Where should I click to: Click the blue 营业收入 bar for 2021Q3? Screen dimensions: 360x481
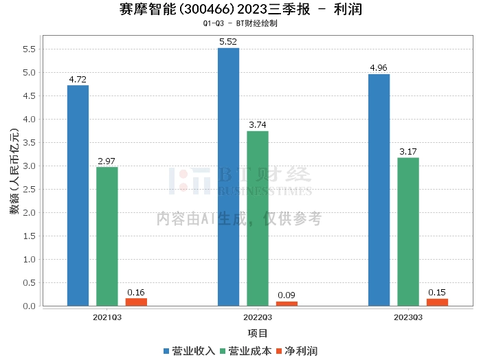click(78, 196)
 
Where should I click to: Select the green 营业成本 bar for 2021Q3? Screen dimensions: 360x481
click(107, 236)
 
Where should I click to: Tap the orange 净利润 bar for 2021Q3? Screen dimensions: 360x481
click(136, 302)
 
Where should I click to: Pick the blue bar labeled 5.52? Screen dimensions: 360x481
click(228, 177)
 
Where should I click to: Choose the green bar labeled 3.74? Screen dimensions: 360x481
click(258, 218)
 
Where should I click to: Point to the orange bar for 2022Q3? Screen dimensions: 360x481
click(287, 304)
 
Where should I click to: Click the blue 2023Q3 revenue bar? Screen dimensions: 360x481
click(379, 190)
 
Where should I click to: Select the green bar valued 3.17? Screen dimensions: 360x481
click(408, 232)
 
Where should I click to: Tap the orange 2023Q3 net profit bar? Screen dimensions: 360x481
click(437, 302)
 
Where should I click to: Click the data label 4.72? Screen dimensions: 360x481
click(78, 80)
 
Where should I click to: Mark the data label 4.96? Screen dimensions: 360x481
click(379, 69)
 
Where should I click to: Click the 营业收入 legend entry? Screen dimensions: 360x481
click(189, 351)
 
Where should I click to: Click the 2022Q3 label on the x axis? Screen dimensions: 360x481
click(258, 317)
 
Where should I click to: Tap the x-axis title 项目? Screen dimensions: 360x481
click(258, 333)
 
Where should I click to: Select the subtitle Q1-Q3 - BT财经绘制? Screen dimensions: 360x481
click(240, 23)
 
